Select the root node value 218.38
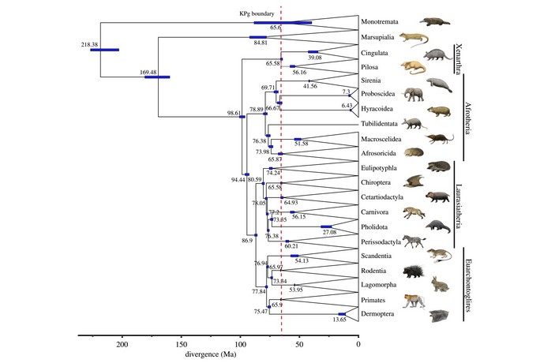tap(89, 44)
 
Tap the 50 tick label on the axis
tap(299, 344)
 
